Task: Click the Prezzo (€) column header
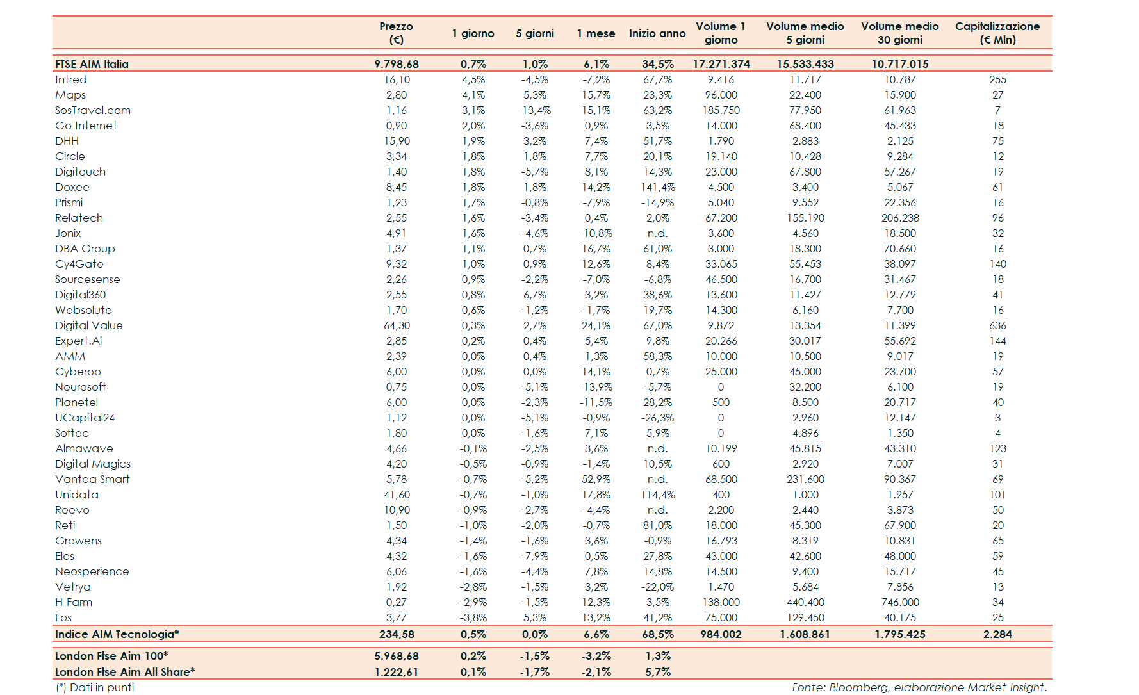pos(396,33)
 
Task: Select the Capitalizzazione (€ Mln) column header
pos(997,33)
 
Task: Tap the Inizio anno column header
pos(657,33)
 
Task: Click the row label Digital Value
pos(89,325)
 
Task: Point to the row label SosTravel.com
pos(93,110)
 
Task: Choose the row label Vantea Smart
pos(92,479)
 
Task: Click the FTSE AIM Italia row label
pos(92,64)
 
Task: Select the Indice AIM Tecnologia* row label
pos(117,634)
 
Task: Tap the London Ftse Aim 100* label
pos(111,656)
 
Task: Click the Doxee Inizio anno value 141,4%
pos(658,187)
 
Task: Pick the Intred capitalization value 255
pos(997,79)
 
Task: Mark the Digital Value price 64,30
pos(397,325)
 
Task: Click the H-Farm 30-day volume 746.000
pos(900,602)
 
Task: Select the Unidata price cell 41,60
pos(397,495)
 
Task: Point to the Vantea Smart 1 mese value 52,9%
pos(596,479)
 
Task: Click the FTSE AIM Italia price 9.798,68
pos(397,64)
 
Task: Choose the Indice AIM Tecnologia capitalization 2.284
pos(997,634)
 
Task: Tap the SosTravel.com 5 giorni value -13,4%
pos(534,110)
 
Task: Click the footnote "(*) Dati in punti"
pos(95,687)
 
